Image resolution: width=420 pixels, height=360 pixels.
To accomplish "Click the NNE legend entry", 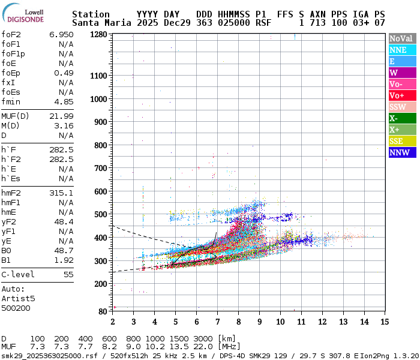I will point(397,50).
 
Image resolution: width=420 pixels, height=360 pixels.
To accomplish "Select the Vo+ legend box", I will point(397,95).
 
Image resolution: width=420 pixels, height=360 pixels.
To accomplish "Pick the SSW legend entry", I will point(398,107).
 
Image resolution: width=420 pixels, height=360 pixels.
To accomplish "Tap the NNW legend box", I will point(398,152).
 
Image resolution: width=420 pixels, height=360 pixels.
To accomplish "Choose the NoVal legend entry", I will point(401,38).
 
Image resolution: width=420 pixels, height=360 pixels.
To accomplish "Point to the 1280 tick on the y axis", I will point(98,34).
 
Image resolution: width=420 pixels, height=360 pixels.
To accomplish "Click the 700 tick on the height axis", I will point(100,169).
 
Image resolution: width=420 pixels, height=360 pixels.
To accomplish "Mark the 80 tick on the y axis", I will point(103,311).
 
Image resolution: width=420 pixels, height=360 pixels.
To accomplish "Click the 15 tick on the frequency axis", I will point(383,321).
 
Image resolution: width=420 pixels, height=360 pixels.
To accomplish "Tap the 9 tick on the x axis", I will point(259,321).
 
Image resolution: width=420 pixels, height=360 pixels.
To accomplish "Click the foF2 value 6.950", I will point(61,35).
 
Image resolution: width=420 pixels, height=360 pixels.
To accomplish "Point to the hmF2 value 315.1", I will point(61,193).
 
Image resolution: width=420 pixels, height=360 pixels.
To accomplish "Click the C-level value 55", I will point(68,274).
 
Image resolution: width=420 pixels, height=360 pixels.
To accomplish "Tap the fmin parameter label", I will point(11,101).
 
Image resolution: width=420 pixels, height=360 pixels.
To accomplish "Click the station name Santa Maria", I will point(98,23).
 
